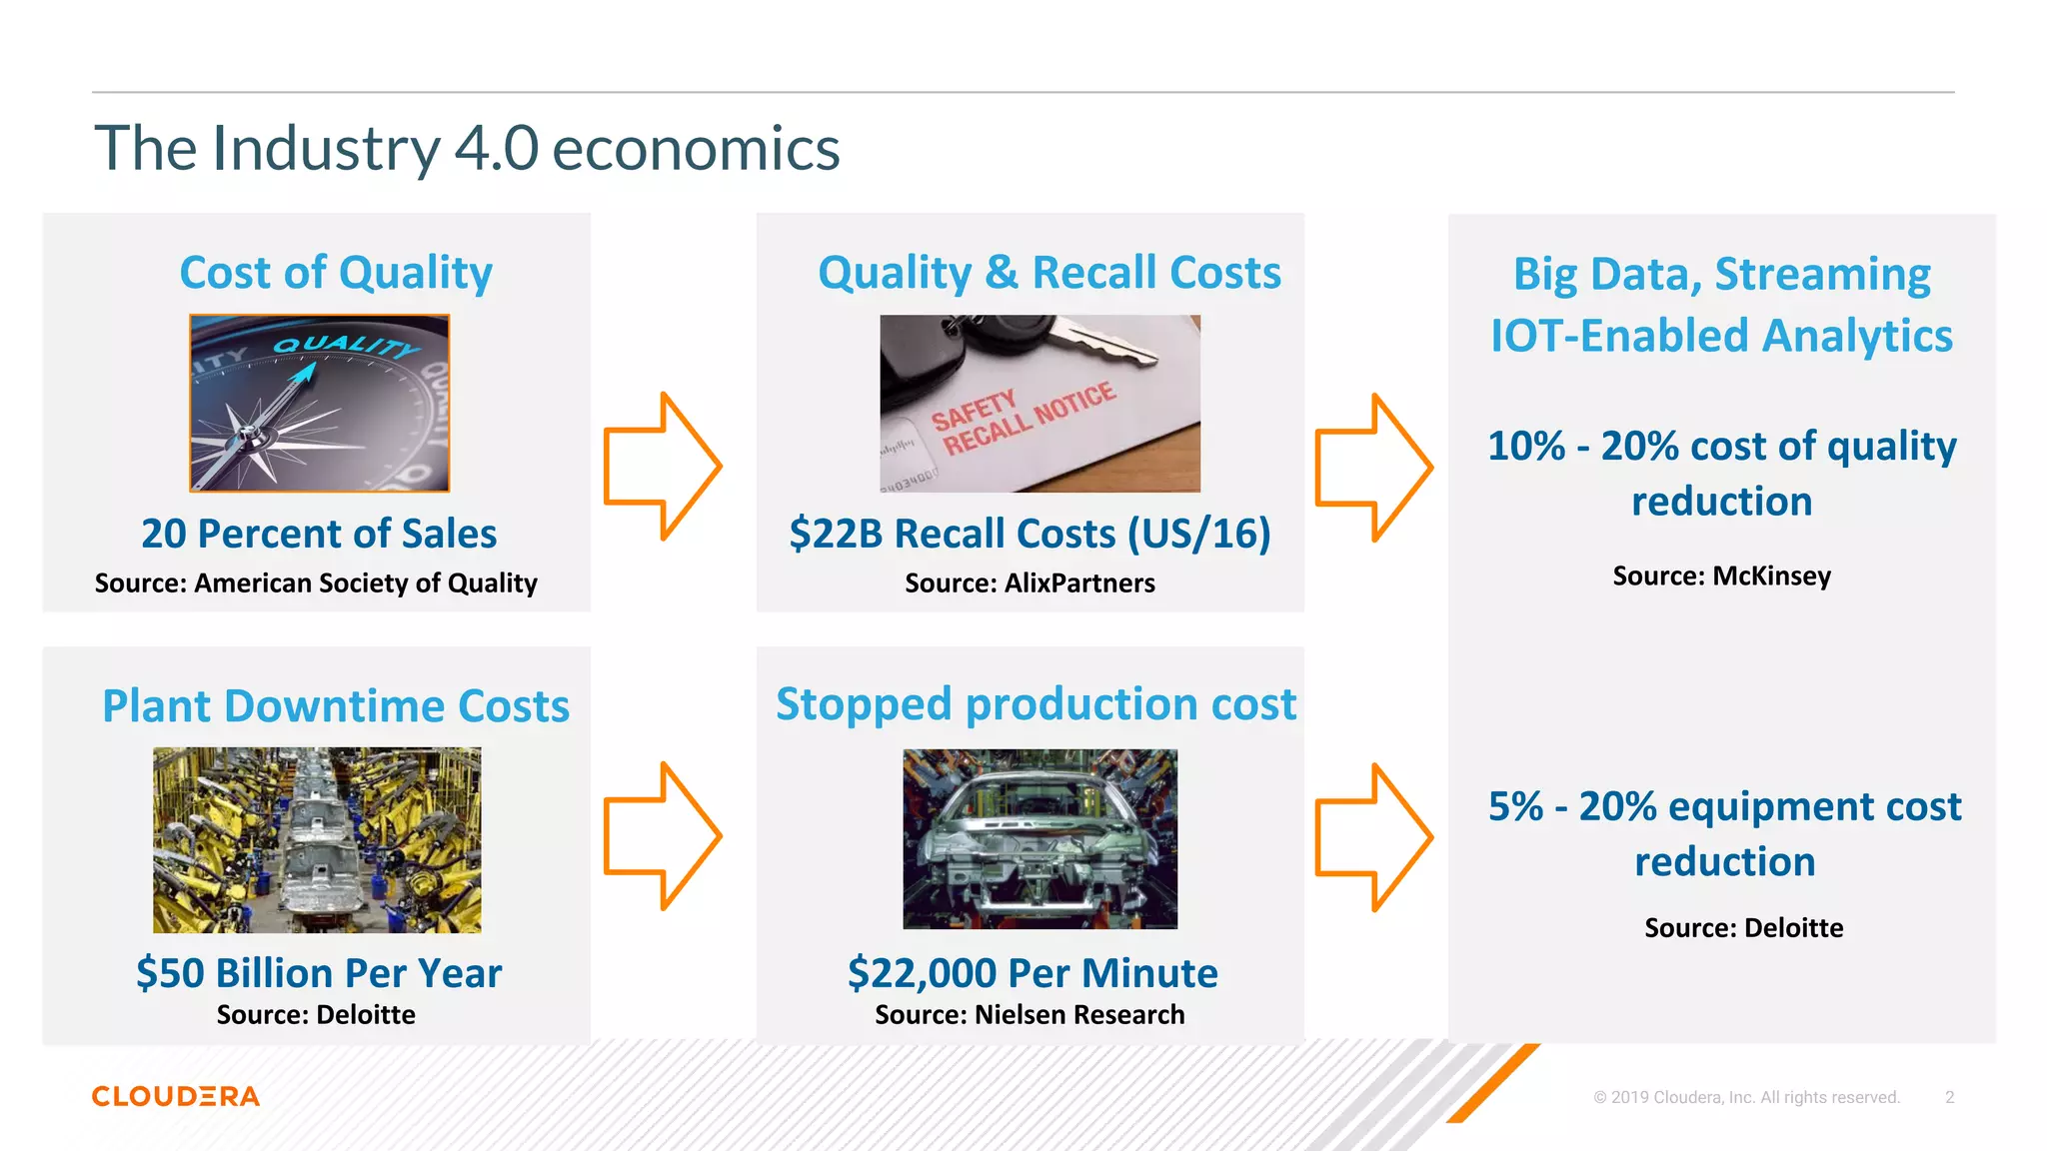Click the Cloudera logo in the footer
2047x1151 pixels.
176,1096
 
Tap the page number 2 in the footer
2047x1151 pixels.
1949,1097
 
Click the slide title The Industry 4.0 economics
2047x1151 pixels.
467,148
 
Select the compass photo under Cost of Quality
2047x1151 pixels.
320,403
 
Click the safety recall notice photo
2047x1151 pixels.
1039,403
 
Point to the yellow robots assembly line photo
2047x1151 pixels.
317,839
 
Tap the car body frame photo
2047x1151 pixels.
1039,838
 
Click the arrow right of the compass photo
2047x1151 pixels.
662,466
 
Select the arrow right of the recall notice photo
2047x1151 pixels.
1373,467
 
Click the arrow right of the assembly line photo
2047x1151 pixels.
662,835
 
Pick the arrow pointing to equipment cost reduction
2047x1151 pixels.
1373,837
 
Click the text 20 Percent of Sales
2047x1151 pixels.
319,534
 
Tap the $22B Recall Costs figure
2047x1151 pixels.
1029,534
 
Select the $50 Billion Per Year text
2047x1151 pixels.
319,972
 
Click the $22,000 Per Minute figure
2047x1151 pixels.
1032,972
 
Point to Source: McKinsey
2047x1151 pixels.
1721,575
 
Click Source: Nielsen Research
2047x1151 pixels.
1029,1015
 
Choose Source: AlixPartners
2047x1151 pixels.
1029,583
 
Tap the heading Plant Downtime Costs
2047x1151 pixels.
336,705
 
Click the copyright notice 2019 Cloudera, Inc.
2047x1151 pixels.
1746,1097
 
